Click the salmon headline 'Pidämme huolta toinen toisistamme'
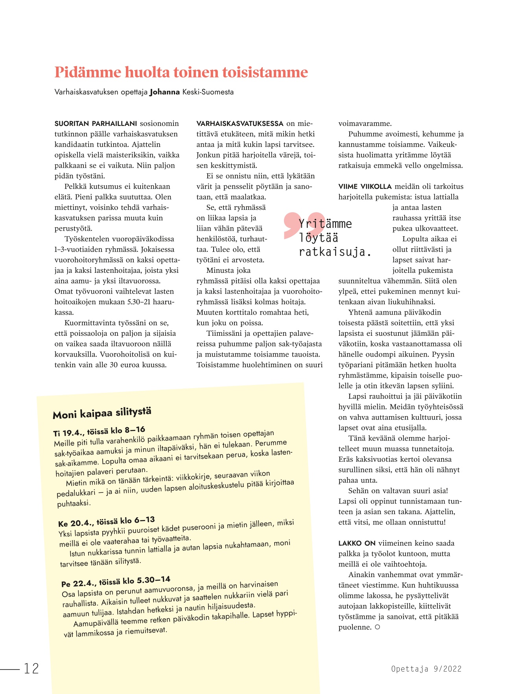coord(181,72)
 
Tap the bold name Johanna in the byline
coord(164,92)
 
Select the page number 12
coord(31,668)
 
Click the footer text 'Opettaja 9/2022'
coord(426,668)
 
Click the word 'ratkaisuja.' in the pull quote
coord(335,252)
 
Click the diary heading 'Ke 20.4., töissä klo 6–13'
coord(106,521)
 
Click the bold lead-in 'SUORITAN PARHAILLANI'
coord(96,124)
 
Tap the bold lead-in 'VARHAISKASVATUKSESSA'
coord(240,124)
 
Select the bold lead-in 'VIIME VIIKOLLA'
coord(365,187)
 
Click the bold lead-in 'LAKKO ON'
coord(357,543)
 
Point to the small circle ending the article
coord(378,627)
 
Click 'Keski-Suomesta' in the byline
coord(208,92)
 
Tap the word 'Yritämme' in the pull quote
coord(325,224)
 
